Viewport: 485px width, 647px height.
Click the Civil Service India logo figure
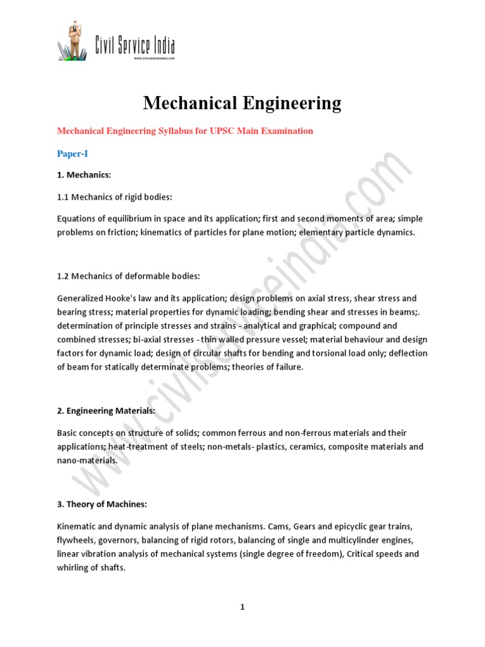75,42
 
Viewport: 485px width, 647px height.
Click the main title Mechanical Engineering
242,102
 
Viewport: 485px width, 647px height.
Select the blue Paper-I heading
73,154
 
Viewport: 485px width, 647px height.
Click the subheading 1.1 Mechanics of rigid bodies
114,197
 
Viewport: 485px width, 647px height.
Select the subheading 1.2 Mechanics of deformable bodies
129,276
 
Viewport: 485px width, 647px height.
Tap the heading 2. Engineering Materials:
106,411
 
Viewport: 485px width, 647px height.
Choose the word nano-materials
87,461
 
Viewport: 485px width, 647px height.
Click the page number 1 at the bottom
242,608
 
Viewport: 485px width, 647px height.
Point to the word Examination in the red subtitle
281,131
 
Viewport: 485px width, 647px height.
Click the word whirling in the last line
73,567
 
